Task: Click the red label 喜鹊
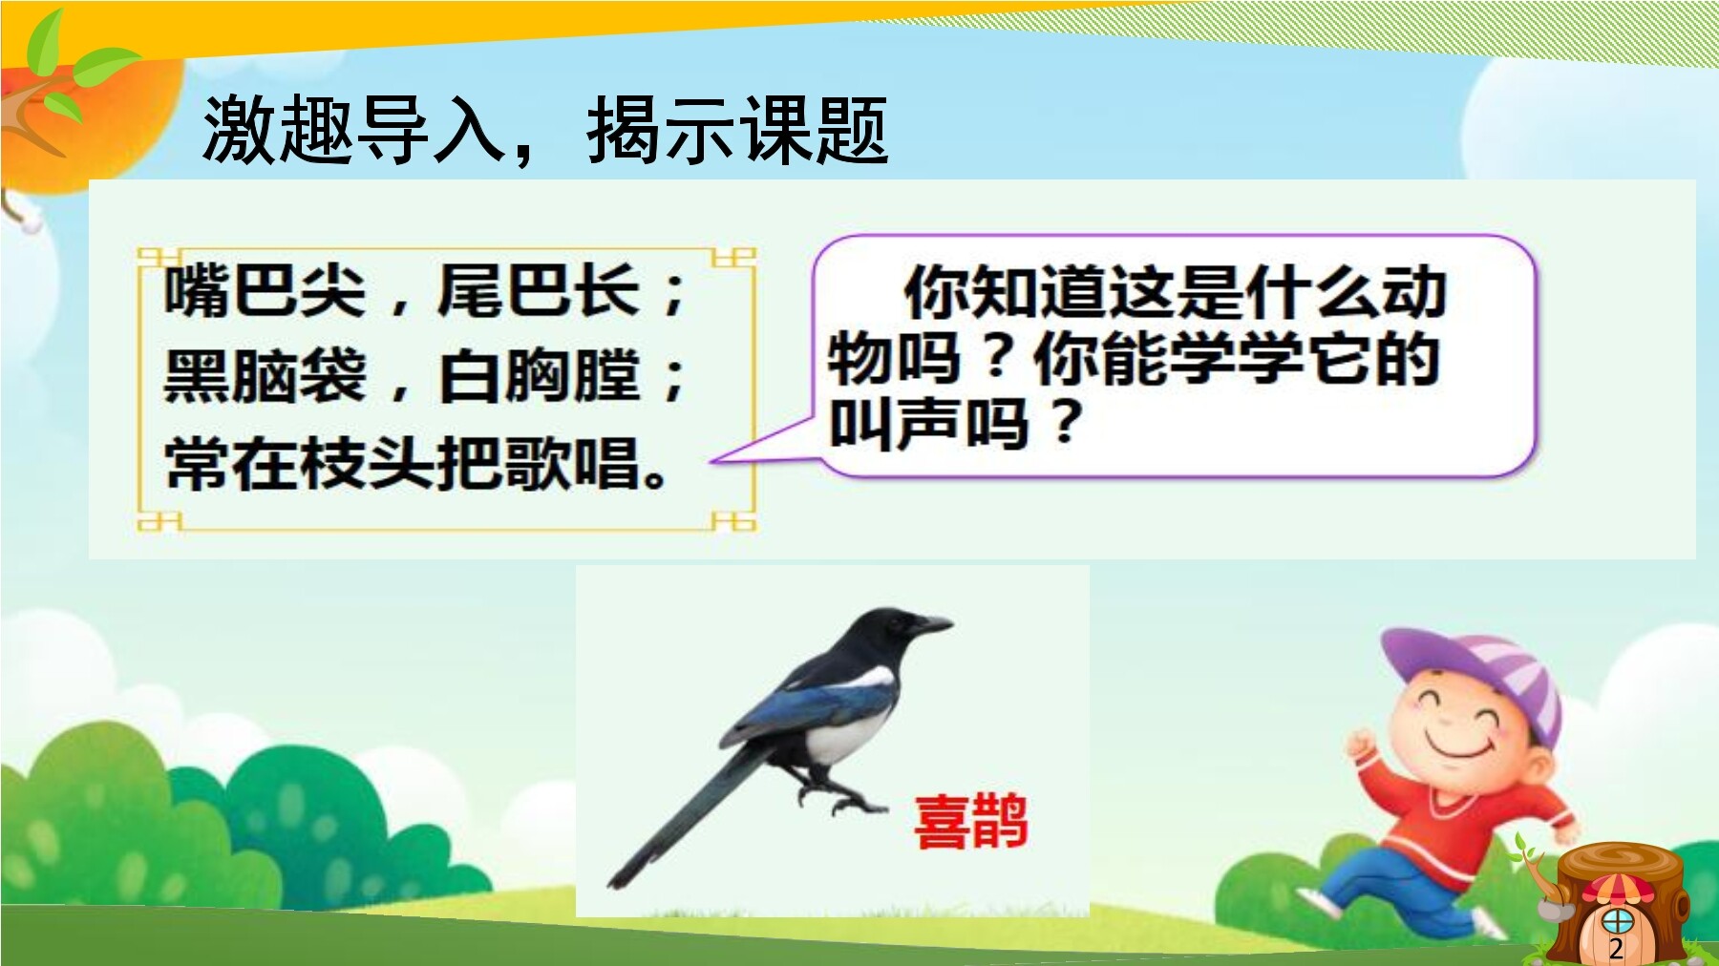click(970, 822)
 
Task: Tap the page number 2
click(1616, 948)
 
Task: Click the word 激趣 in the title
click(279, 130)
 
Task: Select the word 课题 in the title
click(815, 130)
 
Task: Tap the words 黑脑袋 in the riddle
click(265, 376)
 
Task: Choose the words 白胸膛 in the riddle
click(538, 376)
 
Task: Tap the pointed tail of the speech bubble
click(712, 461)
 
